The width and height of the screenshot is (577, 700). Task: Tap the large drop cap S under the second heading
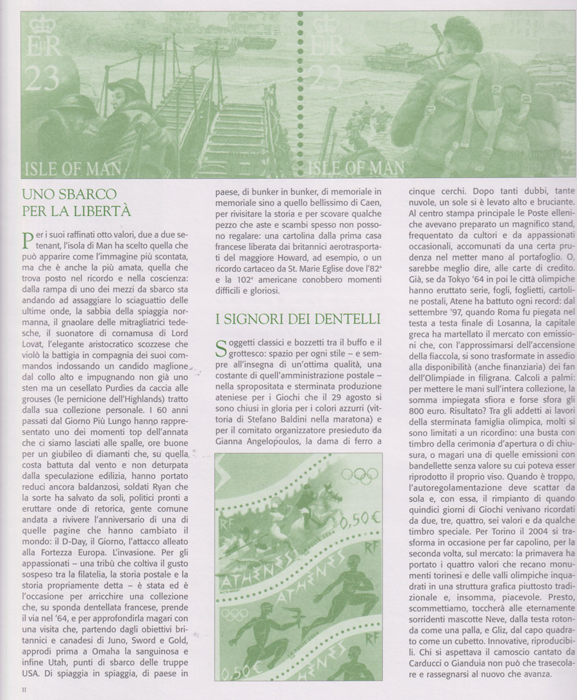click(222, 350)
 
